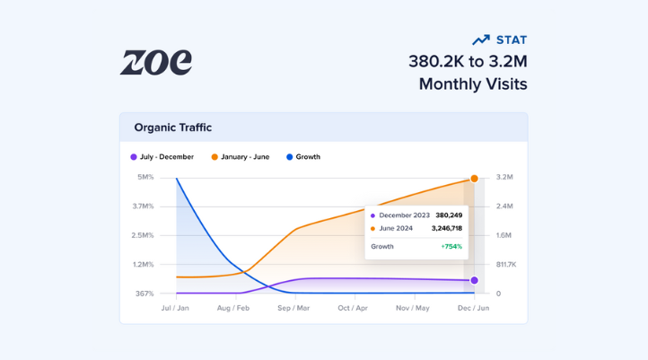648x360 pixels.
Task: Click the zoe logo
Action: coord(156,62)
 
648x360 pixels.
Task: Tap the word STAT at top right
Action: coord(512,40)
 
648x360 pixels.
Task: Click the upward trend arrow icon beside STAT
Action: coord(481,40)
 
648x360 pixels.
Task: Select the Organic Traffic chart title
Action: coord(173,127)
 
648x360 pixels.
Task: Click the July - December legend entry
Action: coord(163,157)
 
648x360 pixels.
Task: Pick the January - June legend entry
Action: coord(241,157)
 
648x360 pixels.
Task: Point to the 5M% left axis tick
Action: coord(144,177)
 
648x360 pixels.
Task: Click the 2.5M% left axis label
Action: coord(143,235)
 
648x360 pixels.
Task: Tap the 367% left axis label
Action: coord(144,294)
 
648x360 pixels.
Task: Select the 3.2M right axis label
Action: coord(504,177)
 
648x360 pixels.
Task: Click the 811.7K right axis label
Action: coord(506,265)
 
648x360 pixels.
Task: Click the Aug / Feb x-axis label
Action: coord(232,308)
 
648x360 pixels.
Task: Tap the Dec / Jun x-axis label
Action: coord(473,308)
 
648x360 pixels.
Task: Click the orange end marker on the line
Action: coord(474,179)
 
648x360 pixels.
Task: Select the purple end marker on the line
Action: coord(474,280)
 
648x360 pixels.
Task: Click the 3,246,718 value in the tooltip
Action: coord(440,228)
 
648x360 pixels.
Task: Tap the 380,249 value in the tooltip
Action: coord(449,215)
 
